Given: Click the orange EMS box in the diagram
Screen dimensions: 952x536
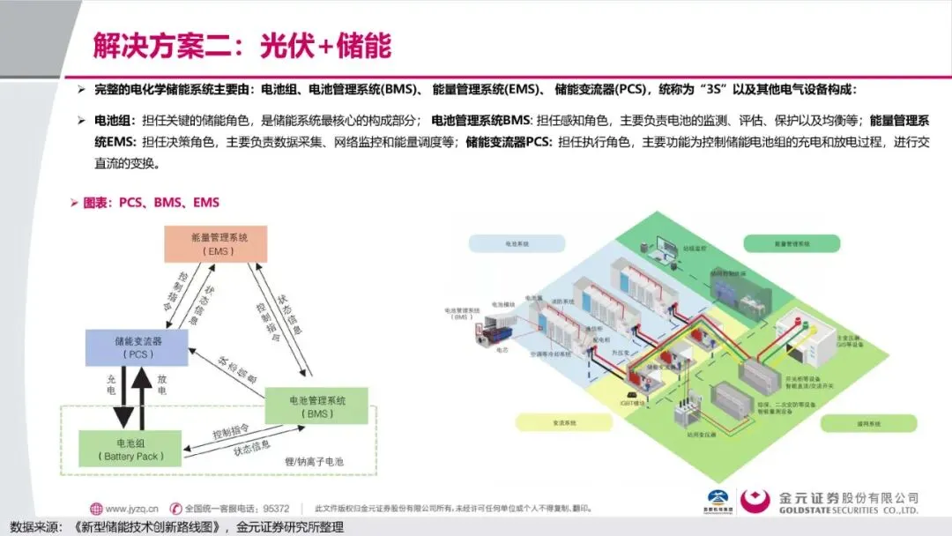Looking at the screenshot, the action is click(x=215, y=243).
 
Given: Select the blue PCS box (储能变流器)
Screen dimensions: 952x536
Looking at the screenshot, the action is click(x=136, y=346).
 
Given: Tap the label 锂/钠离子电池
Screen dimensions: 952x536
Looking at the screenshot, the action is click(x=314, y=462).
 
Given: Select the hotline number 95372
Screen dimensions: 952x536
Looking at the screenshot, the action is click(x=276, y=508).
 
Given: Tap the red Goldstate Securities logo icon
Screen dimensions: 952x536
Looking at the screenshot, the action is click(x=755, y=501).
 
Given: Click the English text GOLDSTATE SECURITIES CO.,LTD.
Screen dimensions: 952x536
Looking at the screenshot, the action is click(x=848, y=510).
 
